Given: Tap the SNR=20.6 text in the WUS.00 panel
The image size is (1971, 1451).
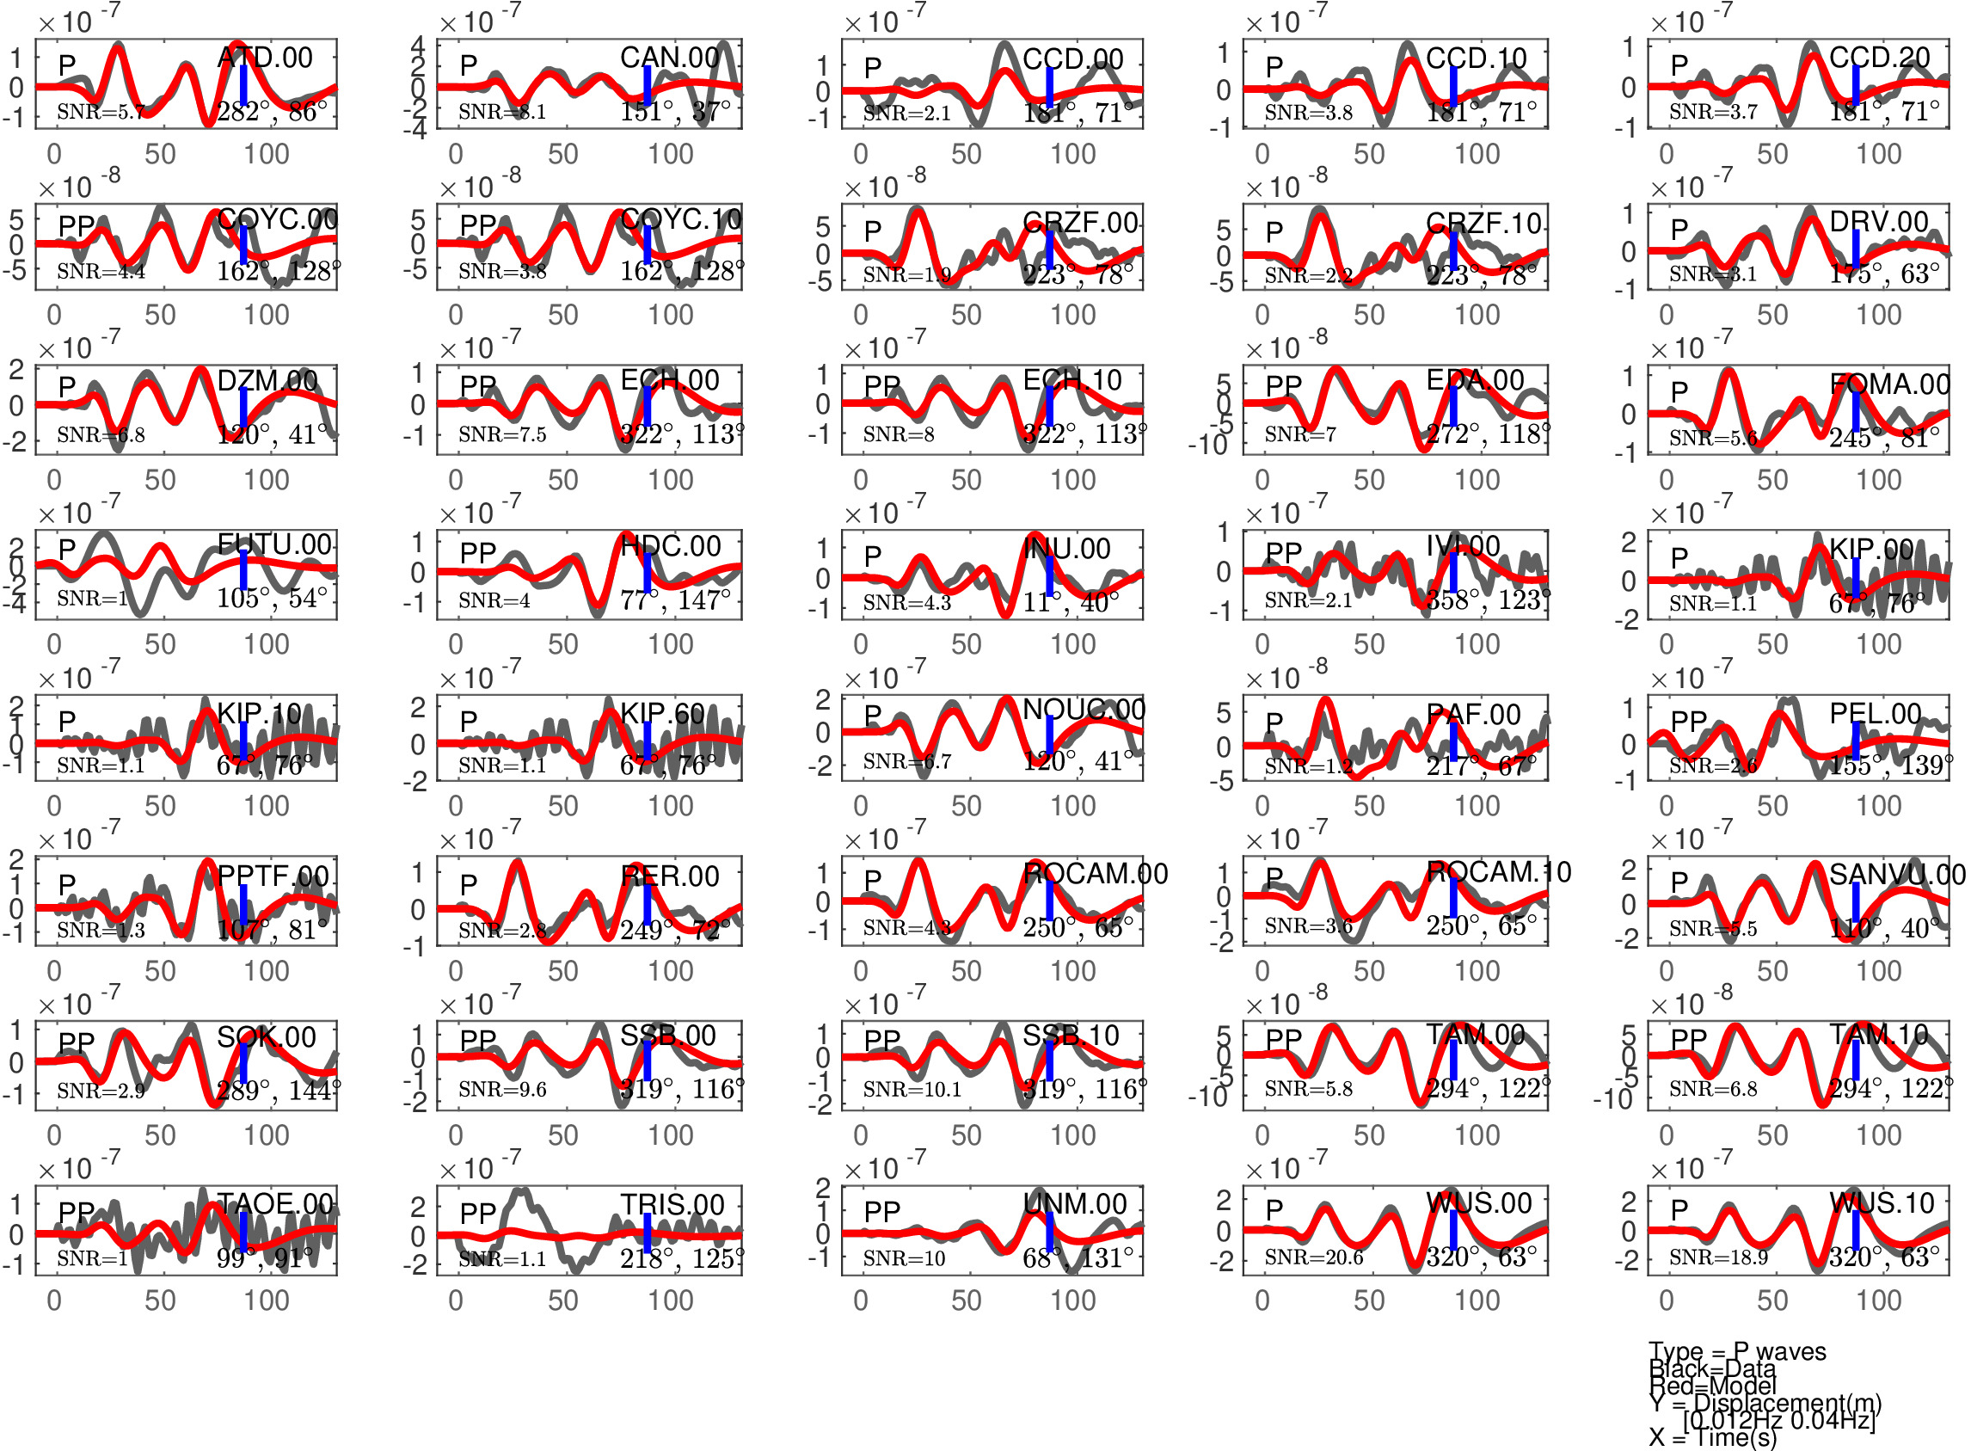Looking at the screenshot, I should coord(1313,1257).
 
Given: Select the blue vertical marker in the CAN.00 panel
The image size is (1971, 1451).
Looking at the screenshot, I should coord(647,86).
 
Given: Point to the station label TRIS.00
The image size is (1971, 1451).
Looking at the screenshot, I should coord(672,1204).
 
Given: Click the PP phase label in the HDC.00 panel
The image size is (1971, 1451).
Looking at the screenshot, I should coord(477,552).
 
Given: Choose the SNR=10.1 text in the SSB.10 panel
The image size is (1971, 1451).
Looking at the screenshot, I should coord(912,1089).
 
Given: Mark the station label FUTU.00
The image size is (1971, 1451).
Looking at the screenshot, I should coord(274,544).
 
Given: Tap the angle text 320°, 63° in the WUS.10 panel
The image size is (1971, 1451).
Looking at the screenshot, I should coord(1884,1257).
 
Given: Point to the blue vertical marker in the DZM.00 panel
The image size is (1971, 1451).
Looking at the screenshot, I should coord(243,408).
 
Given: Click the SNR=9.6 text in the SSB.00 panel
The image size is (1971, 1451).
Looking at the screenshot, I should coord(502,1089).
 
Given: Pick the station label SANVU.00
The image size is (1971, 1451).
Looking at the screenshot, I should coord(1896,874).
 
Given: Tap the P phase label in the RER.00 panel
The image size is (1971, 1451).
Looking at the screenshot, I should coord(469,883).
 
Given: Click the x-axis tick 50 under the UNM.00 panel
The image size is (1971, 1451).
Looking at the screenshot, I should coord(966,1300).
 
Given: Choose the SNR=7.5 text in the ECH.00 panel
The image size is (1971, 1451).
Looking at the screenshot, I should coord(502,433).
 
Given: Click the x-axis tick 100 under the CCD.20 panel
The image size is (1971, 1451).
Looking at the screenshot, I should coord(1878,154).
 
